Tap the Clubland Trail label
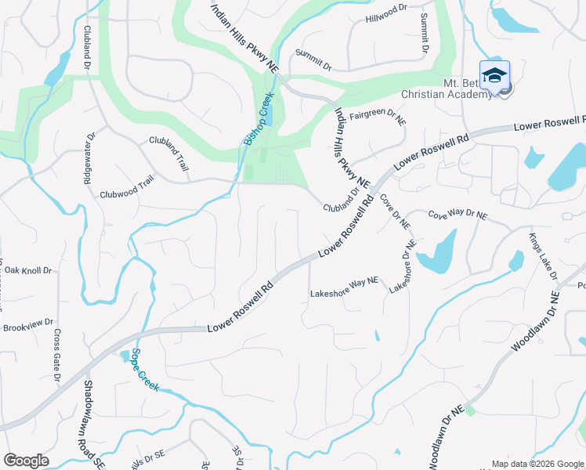tap(170, 154)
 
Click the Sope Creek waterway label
tap(145, 370)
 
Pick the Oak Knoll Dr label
tap(27, 270)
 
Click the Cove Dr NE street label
tap(394, 211)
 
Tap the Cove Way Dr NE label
tap(458, 215)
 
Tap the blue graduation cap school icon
tap(494, 76)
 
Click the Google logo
tap(26, 461)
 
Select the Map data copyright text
tap(537, 464)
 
